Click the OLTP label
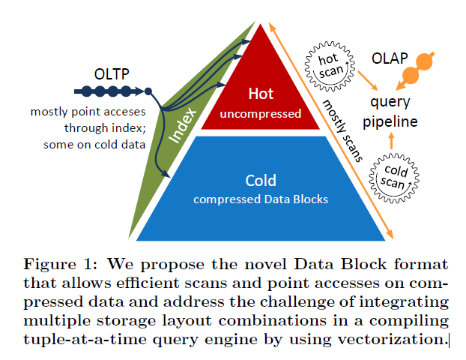tap(112, 74)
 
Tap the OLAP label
tap(390, 58)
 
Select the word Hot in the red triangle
tap(261, 94)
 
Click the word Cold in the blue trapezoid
tap(261, 180)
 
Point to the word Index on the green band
tap(183, 125)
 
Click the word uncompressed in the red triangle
tap(261, 114)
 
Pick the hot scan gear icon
tap(330, 66)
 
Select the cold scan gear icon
tap(394, 178)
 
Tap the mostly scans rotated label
tap(342, 131)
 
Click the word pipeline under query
tap(390, 122)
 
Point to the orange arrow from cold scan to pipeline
tap(391, 141)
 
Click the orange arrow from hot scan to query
tap(368, 81)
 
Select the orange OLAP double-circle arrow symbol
tap(416, 70)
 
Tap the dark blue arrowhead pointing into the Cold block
tap(166, 173)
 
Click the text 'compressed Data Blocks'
tap(261, 199)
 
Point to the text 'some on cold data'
tap(94, 145)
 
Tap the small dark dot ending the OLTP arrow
tap(148, 91)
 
